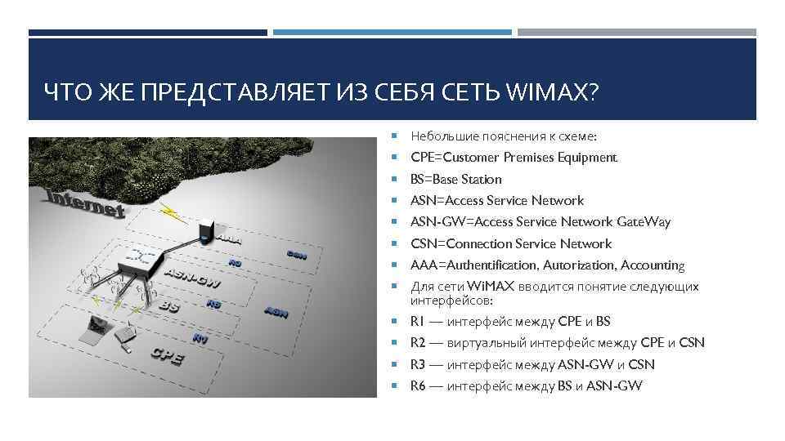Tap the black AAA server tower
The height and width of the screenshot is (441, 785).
[x=205, y=230]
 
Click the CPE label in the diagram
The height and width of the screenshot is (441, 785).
[x=166, y=356]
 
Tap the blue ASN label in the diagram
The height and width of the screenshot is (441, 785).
[x=276, y=311]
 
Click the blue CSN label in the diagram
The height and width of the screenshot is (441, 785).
[x=296, y=254]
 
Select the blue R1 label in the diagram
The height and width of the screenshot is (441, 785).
[x=200, y=337]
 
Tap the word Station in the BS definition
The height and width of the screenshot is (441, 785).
[x=481, y=179]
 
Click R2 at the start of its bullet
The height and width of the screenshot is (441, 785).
[x=418, y=343]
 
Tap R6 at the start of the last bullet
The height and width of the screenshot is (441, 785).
[x=418, y=386]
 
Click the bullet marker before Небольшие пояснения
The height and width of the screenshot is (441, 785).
[x=394, y=136]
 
